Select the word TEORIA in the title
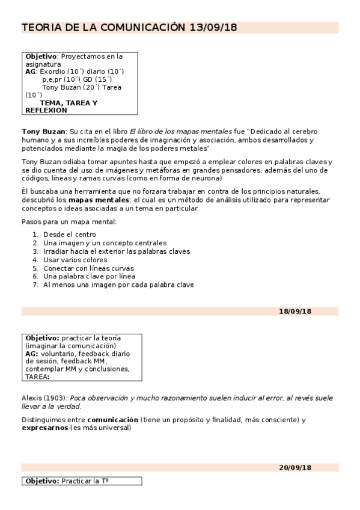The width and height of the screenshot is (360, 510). [x=41, y=27]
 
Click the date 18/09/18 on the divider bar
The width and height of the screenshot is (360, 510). [x=295, y=311]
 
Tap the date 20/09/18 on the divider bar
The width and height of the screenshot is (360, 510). [x=295, y=467]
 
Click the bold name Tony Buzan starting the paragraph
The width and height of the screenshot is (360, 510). [x=44, y=131]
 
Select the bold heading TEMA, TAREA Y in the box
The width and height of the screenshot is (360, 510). [x=69, y=103]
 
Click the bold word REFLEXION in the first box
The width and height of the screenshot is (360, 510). [x=46, y=111]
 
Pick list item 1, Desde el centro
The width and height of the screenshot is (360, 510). [x=69, y=235]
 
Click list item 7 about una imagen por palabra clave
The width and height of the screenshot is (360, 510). [x=118, y=285]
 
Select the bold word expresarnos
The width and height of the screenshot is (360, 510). [x=45, y=428]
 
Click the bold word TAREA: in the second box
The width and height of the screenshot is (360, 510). [x=37, y=377]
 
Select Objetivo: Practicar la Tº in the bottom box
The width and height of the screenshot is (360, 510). [x=69, y=481]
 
